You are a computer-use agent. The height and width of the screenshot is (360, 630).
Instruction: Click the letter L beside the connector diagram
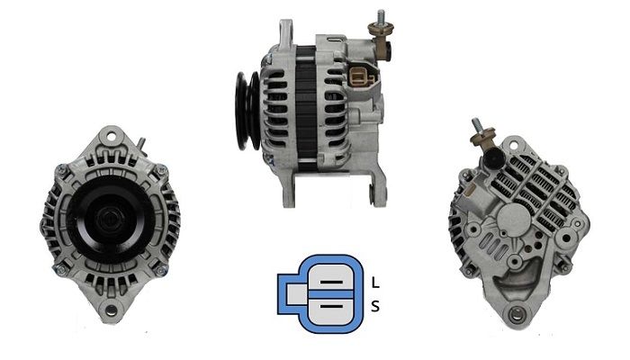click(x=375, y=283)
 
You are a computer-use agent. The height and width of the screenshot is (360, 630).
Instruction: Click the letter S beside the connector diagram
click(x=375, y=307)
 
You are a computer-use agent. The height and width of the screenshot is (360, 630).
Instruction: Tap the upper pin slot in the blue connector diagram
click(x=332, y=282)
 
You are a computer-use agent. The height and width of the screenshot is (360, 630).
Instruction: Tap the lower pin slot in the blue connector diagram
click(x=332, y=307)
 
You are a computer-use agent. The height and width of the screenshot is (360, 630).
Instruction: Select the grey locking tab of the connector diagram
click(x=296, y=294)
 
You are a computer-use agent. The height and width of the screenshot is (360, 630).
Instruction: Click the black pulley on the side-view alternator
click(x=247, y=111)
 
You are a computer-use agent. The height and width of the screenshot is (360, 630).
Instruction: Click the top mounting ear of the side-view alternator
click(x=286, y=32)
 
